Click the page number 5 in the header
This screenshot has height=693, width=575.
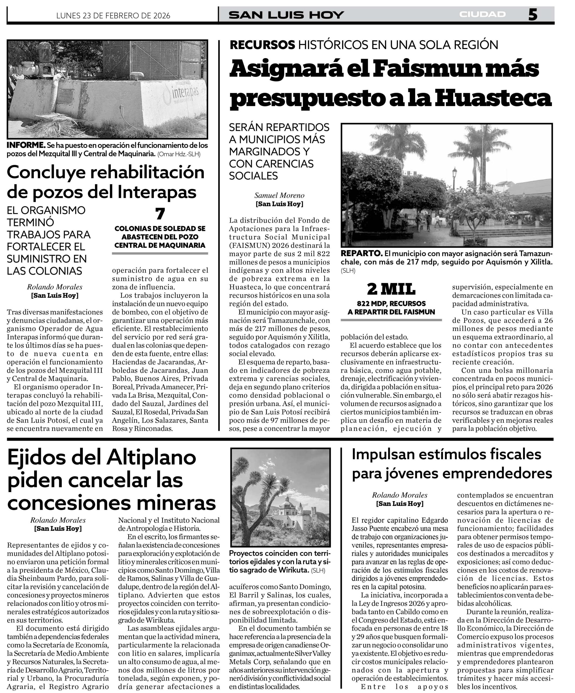pos(532,15)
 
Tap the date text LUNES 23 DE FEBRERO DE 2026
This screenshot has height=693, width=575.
pos(113,15)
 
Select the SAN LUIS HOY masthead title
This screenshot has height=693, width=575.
pos(286,15)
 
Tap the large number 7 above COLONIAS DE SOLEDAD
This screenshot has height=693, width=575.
pos(160,214)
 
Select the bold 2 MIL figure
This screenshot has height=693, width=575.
pos(391,289)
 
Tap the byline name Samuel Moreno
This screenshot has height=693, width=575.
pos(279,195)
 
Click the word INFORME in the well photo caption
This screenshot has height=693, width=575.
pos(26,145)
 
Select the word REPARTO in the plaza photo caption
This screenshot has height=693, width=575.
pos(361,253)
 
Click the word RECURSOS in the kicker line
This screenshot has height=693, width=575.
pos(262,45)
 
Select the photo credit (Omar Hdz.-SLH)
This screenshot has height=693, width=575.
pos(179,154)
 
